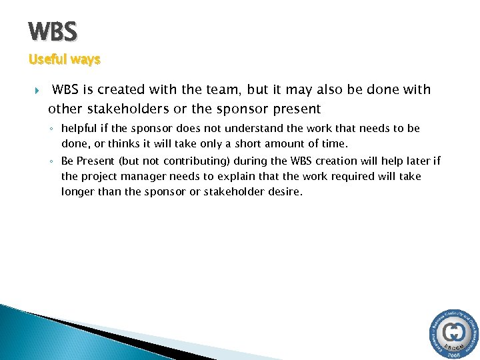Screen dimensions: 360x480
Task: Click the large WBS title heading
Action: (53, 31)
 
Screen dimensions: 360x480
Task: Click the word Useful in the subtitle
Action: (47, 59)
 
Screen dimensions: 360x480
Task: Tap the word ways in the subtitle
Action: (85, 59)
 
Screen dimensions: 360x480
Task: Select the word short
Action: (265, 143)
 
